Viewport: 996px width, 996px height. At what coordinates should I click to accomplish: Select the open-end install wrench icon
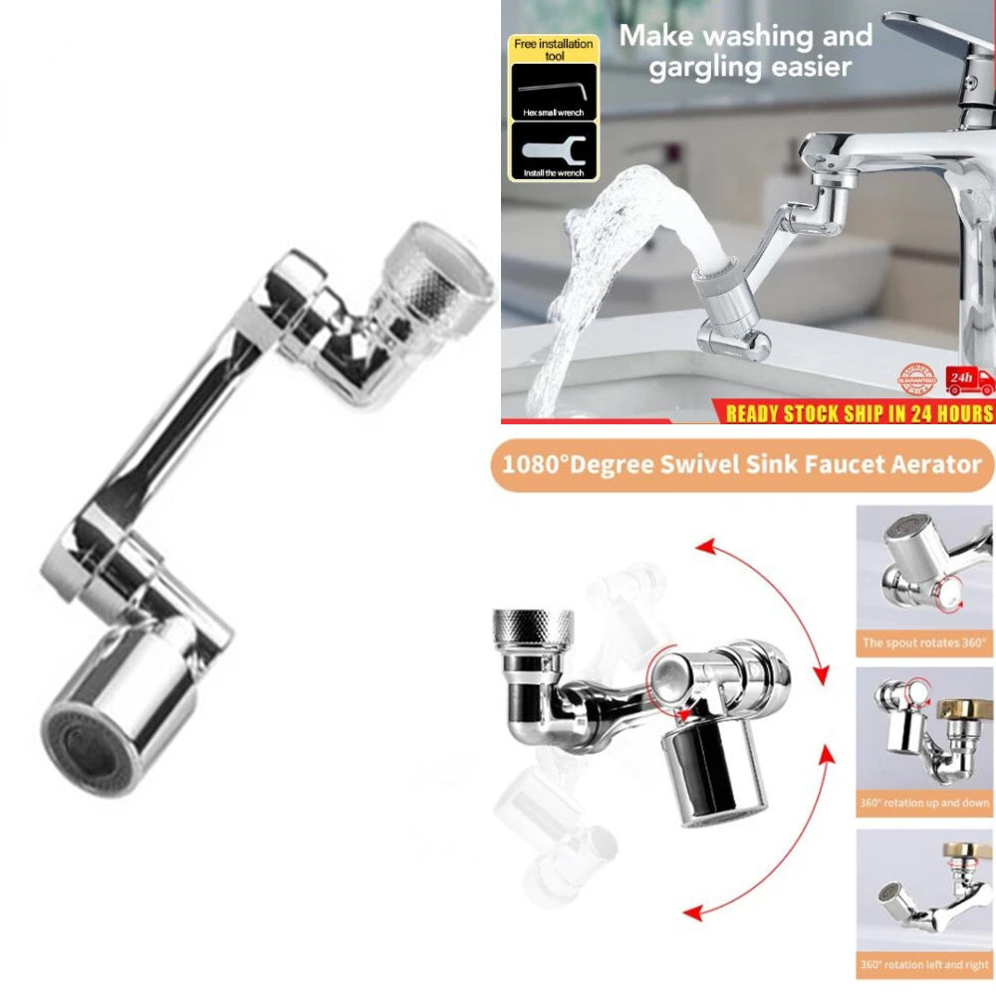point(553,151)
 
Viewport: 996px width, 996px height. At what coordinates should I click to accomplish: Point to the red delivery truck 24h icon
point(970,379)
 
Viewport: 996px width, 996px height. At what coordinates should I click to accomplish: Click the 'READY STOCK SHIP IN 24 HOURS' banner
point(860,412)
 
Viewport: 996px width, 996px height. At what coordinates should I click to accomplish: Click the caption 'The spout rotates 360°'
point(924,642)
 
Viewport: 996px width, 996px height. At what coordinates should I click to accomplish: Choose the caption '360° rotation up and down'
point(924,803)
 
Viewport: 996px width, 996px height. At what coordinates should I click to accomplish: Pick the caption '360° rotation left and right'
point(924,964)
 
